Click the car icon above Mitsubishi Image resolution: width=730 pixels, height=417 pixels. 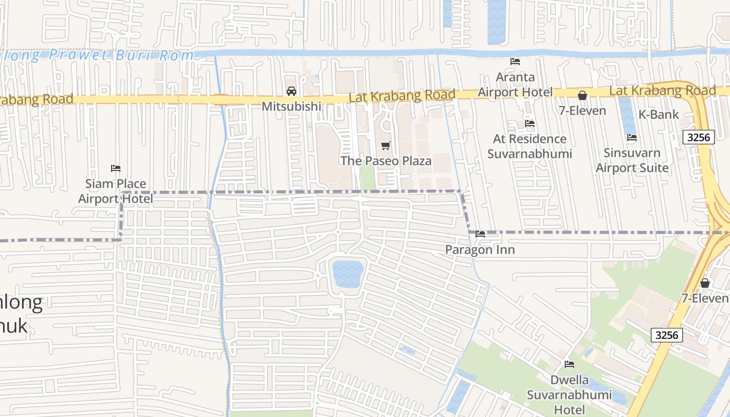[291, 91]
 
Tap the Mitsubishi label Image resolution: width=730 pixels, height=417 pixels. [291, 106]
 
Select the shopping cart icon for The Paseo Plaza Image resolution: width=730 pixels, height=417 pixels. [385, 145]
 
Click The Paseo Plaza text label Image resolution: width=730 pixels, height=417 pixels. [386, 161]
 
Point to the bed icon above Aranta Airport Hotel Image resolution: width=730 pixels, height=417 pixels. [515, 62]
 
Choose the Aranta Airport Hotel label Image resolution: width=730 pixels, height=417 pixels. [515, 85]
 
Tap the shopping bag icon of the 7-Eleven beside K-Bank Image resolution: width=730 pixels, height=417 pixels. [582, 95]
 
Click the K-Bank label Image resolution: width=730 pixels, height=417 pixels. [659, 114]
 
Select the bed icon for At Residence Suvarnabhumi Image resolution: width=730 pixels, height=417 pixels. [530, 124]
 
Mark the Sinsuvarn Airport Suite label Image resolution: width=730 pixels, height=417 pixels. [632, 161]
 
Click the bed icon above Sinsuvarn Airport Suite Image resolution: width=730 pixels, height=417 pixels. [632, 138]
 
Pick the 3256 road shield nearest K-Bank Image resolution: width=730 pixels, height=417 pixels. [698, 137]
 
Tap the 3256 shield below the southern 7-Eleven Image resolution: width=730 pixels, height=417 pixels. [667, 335]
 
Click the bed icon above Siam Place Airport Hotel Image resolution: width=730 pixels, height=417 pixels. [116, 168]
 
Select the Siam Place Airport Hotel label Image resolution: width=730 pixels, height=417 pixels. [116, 191]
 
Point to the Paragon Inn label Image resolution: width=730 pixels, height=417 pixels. [480, 250]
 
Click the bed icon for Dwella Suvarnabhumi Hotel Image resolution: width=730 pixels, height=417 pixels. [569, 364]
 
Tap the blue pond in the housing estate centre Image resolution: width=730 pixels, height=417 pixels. [348, 274]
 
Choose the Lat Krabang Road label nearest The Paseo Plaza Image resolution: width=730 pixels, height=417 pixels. [402, 96]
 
